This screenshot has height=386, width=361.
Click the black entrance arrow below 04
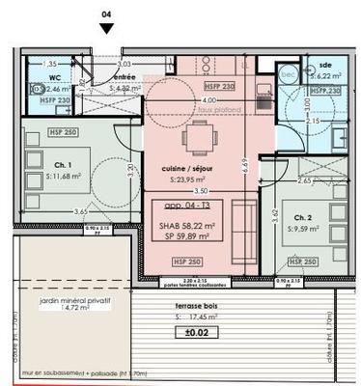pyautogui.click(x=106, y=29)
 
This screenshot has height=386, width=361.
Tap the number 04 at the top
pyautogui.click(x=106, y=14)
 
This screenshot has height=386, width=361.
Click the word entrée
pyautogui.click(x=125, y=76)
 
